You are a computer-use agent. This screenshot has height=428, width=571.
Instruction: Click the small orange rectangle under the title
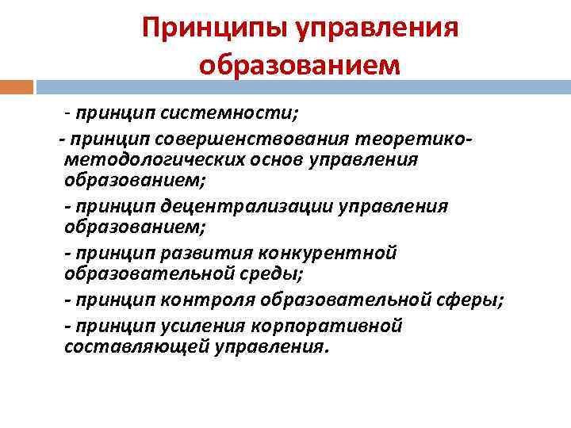click(x=17, y=86)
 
